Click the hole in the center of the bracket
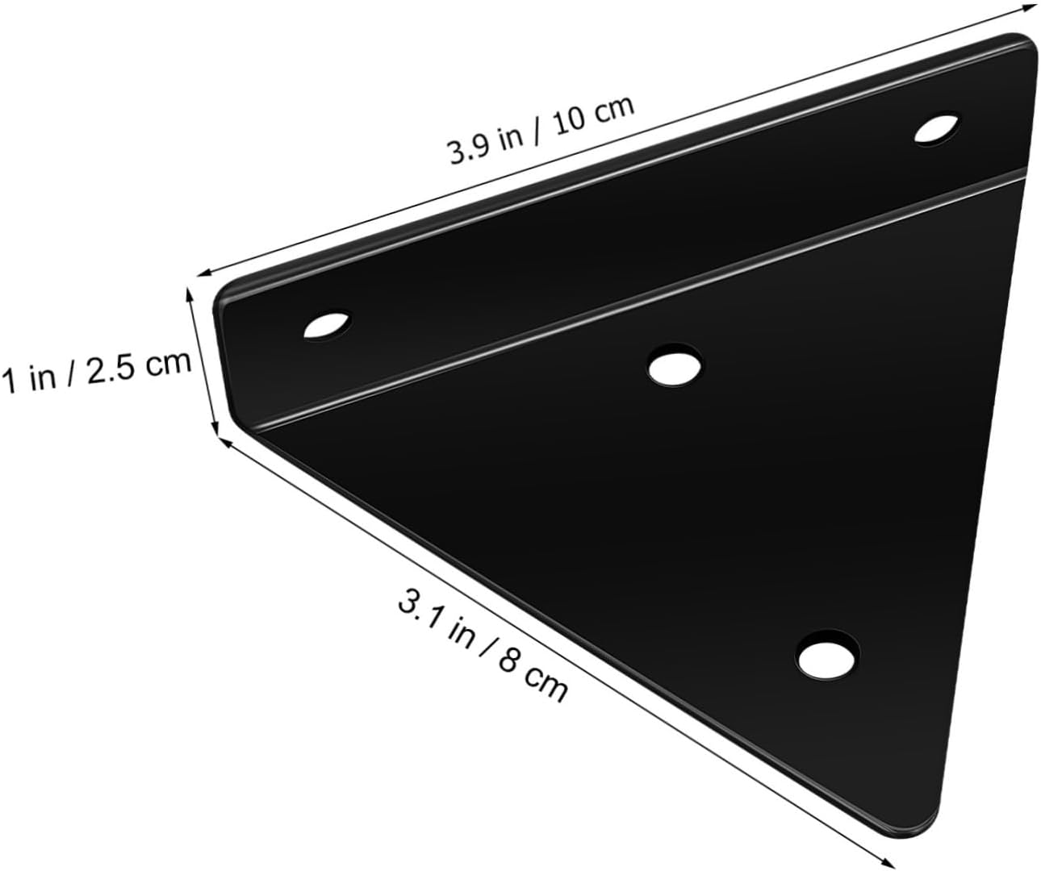coord(675,367)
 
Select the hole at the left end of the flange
coord(328,327)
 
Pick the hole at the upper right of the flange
coord(937,129)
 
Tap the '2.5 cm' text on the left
coord(142,365)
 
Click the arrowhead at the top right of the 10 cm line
coord(1028,7)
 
